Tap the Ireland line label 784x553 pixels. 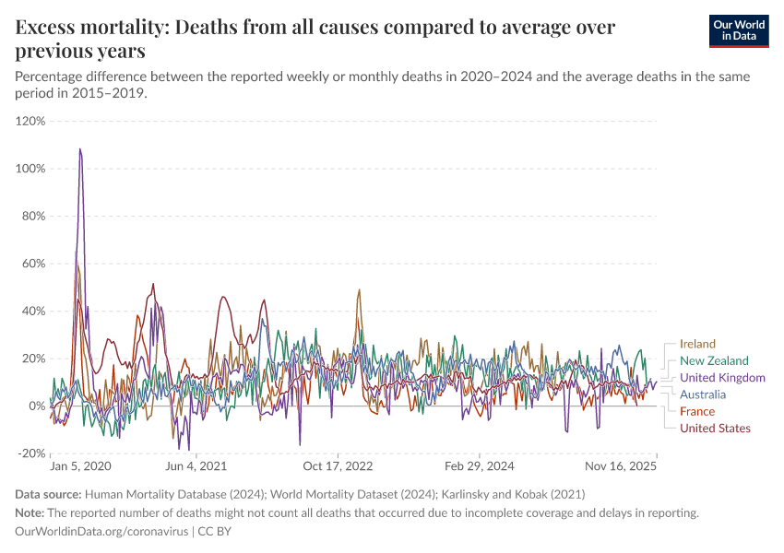[x=697, y=345]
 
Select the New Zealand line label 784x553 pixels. [x=714, y=361]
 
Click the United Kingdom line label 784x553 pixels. [x=722, y=378]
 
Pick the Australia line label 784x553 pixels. [x=703, y=394]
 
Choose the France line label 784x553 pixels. [x=697, y=412]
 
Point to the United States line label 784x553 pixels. [x=715, y=429]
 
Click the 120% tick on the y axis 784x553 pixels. [x=30, y=121]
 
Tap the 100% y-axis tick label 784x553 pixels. [x=30, y=169]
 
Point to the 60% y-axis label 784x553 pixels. [x=33, y=264]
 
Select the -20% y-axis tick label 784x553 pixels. [x=31, y=453]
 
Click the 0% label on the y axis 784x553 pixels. [x=36, y=406]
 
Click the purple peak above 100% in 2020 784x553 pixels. [x=80, y=149]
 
